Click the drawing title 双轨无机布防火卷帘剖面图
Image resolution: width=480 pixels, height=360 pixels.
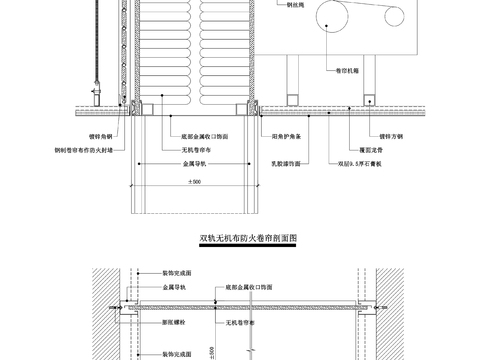click(250, 239)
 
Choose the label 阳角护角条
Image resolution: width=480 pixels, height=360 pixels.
click(287, 133)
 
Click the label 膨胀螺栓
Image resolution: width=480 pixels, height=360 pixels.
click(173, 322)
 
